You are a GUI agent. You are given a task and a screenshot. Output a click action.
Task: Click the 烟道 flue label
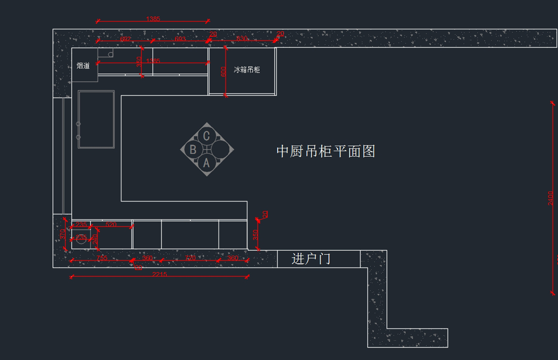[83, 66]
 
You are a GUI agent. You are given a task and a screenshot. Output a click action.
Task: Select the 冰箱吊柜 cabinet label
[247, 70]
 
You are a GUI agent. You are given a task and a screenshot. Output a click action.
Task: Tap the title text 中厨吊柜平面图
[325, 151]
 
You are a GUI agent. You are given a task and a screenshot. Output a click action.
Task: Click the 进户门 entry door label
[311, 259]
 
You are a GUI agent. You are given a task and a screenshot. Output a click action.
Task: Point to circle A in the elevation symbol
[206, 163]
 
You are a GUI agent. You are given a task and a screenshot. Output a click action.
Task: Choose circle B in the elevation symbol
[193, 150]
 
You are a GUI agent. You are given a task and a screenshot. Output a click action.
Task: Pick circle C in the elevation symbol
[206, 136]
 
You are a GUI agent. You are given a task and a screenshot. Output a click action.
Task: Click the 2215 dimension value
[159, 274]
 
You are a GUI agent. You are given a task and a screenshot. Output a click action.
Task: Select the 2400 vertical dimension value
[551, 198]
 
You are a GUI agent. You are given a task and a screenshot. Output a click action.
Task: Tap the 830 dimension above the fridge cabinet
[242, 39]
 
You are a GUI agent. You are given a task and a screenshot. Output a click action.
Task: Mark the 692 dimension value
[126, 39]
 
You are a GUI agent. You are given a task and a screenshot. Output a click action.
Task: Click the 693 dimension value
[180, 39]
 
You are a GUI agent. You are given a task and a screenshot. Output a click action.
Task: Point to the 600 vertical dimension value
[224, 71]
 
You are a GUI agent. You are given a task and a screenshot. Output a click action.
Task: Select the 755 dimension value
[101, 258]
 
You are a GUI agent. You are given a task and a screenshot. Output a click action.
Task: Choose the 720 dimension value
[190, 258]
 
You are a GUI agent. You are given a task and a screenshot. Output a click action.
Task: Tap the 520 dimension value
[111, 224]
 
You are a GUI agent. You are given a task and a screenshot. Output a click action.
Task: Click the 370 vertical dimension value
[63, 234]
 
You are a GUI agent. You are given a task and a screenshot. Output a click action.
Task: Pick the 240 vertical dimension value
[95, 239]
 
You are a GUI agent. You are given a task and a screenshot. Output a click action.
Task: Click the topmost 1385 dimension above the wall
[153, 19]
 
